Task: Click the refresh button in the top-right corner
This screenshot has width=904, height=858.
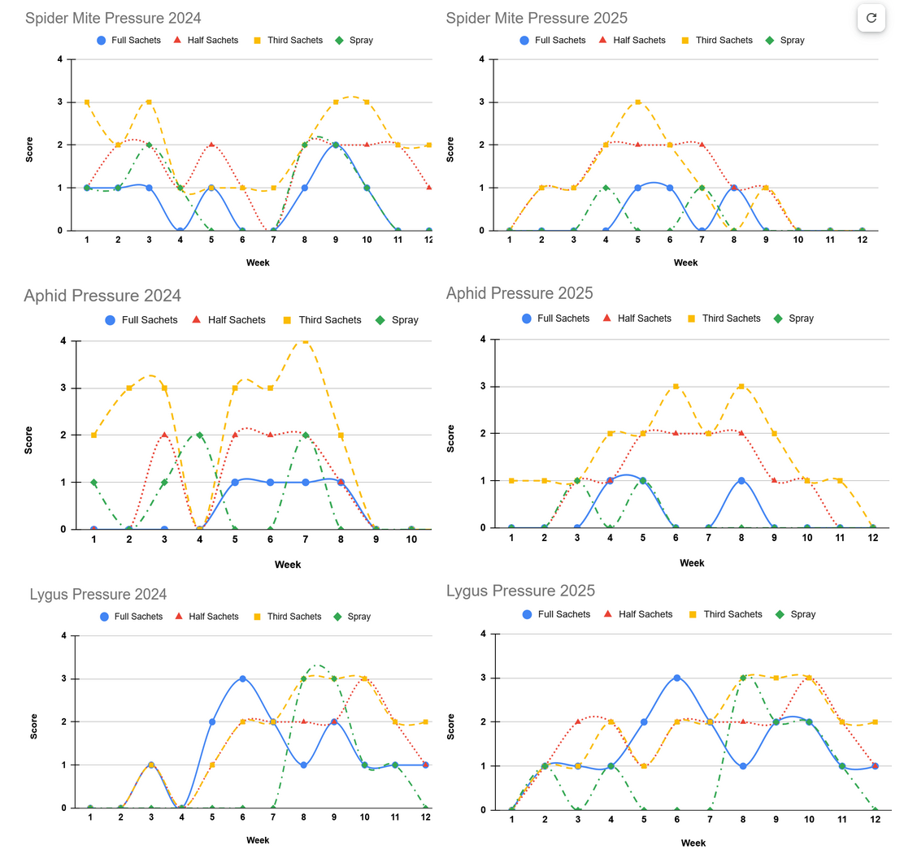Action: [871, 18]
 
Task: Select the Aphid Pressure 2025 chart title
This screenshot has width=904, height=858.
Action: [519, 292]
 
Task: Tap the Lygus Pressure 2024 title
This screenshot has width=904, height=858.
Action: [98, 594]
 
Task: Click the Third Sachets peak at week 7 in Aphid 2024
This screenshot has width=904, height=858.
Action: [306, 341]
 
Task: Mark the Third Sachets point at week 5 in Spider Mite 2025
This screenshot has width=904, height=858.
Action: [638, 102]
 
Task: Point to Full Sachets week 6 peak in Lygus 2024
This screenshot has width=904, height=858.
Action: [242, 678]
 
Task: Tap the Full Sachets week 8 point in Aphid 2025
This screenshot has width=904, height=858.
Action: [741, 481]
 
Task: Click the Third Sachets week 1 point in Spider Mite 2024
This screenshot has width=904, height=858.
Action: [87, 102]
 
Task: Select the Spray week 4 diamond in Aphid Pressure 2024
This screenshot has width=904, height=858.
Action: [199, 435]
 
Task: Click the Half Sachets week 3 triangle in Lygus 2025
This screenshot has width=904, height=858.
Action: [578, 721]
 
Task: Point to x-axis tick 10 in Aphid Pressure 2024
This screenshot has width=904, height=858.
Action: [411, 541]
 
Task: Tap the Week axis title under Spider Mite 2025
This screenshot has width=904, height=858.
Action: [685, 262]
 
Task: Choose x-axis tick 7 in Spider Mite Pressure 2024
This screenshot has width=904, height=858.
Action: [273, 241]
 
